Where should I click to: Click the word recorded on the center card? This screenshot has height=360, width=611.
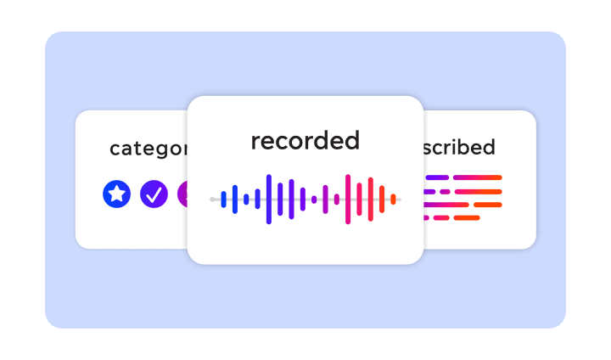click(305, 141)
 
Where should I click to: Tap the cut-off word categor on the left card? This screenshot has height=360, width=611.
click(149, 149)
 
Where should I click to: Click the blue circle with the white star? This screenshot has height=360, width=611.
click(116, 194)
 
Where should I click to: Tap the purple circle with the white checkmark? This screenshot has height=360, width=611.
click(154, 194)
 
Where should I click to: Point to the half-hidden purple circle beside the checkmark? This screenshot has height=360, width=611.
click(182, 194)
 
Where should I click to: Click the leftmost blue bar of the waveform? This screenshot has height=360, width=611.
click(224, 200)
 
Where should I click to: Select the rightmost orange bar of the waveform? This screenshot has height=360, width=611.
click(393, 200)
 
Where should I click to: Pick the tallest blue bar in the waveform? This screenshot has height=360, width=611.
click(269, 200)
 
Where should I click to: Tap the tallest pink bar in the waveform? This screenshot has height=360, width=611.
click(348, 200)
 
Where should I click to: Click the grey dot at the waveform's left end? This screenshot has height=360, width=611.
click(212, 200)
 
